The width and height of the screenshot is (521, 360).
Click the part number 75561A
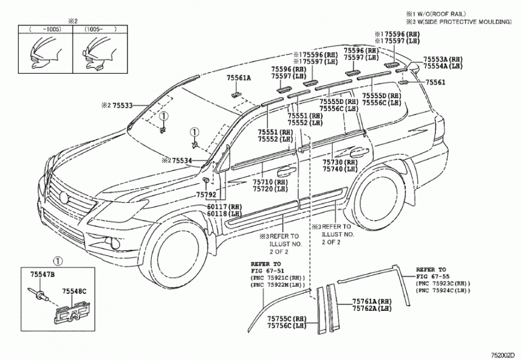(239, 78)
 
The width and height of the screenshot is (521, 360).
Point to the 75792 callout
(205, 194)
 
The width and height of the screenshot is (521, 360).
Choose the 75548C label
(75, 291)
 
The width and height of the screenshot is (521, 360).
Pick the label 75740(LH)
(340, 170)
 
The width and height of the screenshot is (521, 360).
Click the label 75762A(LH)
(372, 309)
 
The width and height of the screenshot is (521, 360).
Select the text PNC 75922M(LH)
(276, 286)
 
